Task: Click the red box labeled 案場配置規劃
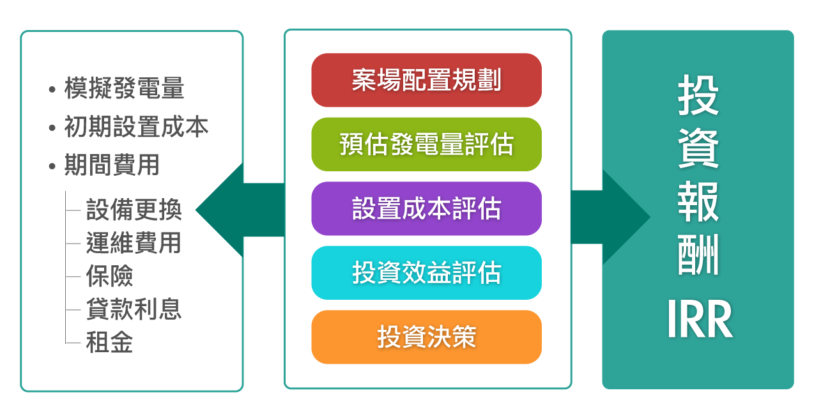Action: tap(426, 81)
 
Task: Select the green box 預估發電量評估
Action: tap(426, 144)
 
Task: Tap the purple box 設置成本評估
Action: tap(426, 209)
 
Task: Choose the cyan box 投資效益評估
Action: tap(426, 273)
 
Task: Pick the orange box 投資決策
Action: tap(426, 337)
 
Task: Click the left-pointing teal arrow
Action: tap(230, 210)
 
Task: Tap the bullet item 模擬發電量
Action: tap(124, 89)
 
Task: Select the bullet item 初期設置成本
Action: tap(136, 127)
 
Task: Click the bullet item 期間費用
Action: tap(112, 166)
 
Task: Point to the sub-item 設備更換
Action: tap(134, 210)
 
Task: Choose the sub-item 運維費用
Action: tap(134, 243)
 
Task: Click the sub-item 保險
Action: tap(110, 276)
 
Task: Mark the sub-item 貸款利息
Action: tap(134, 309)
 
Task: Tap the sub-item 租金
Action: tap(110, 343)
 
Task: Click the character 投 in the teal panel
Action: tap(698, 96)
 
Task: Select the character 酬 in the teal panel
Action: tap(698, 256)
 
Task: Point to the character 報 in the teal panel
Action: tap(698, 203)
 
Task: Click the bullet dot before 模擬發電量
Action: tap(52, 89)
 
